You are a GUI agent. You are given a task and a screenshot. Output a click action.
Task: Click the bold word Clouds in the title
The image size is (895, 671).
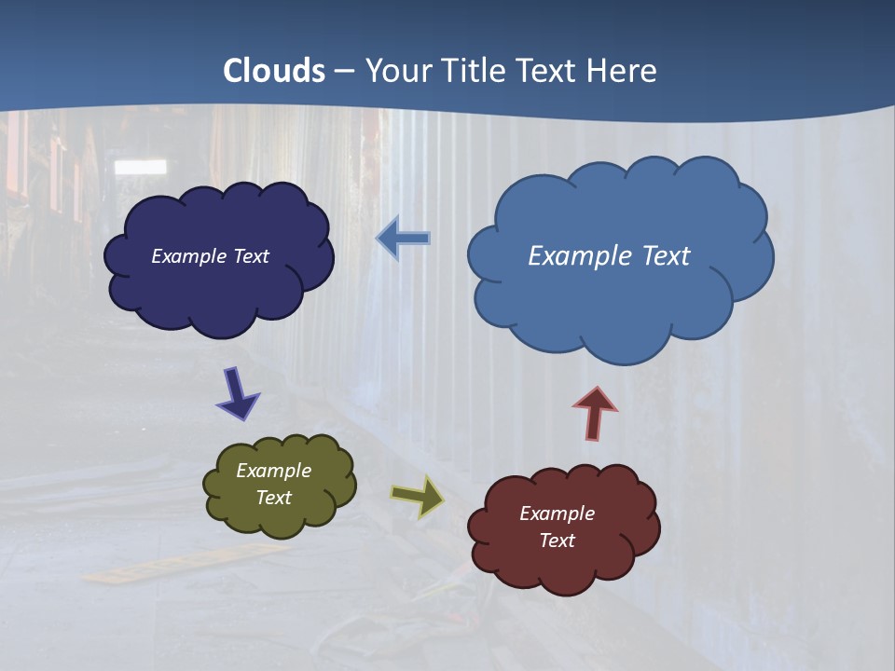(274, 71)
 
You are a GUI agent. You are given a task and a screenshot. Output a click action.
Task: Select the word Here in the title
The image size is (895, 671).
(623, 71)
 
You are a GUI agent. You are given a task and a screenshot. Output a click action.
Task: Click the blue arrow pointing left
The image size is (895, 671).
(404, 239)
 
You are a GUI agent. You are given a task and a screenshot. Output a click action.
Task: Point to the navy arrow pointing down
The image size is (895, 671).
(237, 393)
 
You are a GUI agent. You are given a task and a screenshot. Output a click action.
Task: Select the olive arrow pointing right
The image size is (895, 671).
(418, 496)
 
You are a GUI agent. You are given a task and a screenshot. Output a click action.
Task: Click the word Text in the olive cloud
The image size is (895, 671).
(274, 498)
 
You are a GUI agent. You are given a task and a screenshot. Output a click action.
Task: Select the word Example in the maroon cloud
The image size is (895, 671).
(557, 514)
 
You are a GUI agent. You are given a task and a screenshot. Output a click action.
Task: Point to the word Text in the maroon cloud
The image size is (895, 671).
(557, 541)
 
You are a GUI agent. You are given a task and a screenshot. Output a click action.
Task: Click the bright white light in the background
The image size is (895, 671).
(140, 167)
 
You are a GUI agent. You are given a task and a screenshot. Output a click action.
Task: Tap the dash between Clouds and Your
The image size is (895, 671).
(344, 72)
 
